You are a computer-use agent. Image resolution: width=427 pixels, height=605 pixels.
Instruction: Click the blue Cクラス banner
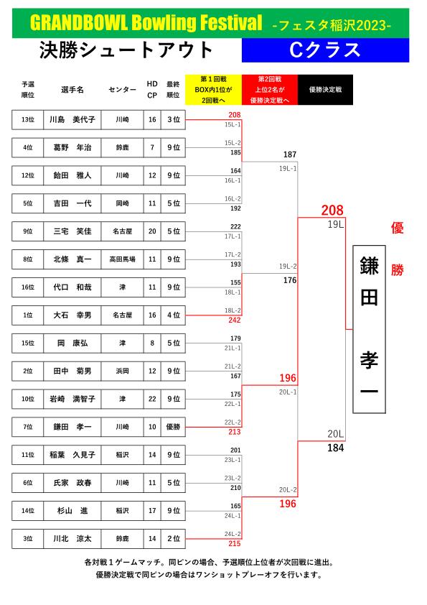(x=325, y=50)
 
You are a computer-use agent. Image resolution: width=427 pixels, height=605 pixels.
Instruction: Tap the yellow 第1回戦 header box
(x=214, y=90)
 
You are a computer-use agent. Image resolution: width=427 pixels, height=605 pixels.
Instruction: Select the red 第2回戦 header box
(x=270, y=90)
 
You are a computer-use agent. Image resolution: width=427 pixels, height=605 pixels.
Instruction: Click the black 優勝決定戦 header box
(x=325, y=90)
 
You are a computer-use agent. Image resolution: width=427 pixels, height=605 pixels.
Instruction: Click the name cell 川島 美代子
(x=72, y=119)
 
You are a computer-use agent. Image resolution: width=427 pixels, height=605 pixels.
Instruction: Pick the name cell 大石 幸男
(x=72, y=315)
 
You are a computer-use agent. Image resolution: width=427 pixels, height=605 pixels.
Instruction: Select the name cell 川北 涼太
(x=72, y=539)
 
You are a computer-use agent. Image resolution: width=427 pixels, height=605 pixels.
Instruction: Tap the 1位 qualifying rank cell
(x=28, y=315)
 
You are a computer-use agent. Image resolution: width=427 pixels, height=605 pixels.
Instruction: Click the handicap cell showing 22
(x=152, y=399)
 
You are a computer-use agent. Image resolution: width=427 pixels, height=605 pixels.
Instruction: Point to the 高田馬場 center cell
(x=122, y=259)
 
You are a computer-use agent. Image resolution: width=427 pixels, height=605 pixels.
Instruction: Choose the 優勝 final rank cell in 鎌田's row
(x=173, y=427)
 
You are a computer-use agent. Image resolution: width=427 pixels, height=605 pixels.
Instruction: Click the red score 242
(x=234, y=320)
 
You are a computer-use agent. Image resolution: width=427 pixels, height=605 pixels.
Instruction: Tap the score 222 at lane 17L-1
(x=235, y=226)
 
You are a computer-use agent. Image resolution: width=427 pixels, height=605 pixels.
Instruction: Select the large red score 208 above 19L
(x=332, y=211)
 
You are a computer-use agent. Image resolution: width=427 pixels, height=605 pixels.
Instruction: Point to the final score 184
(x=336, y=448)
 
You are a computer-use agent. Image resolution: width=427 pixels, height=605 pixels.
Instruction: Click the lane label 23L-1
(x=233, y=460)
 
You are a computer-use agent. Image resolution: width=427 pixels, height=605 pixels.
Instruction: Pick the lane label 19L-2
(x=288, y=267)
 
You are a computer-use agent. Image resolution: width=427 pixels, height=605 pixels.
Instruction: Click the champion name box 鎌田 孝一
(x=369, y=329)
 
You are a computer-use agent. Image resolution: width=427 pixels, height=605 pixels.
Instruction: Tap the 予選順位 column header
(x=28, y=90)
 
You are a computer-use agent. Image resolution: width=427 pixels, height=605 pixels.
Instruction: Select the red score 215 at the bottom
(x=234, y=543)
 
